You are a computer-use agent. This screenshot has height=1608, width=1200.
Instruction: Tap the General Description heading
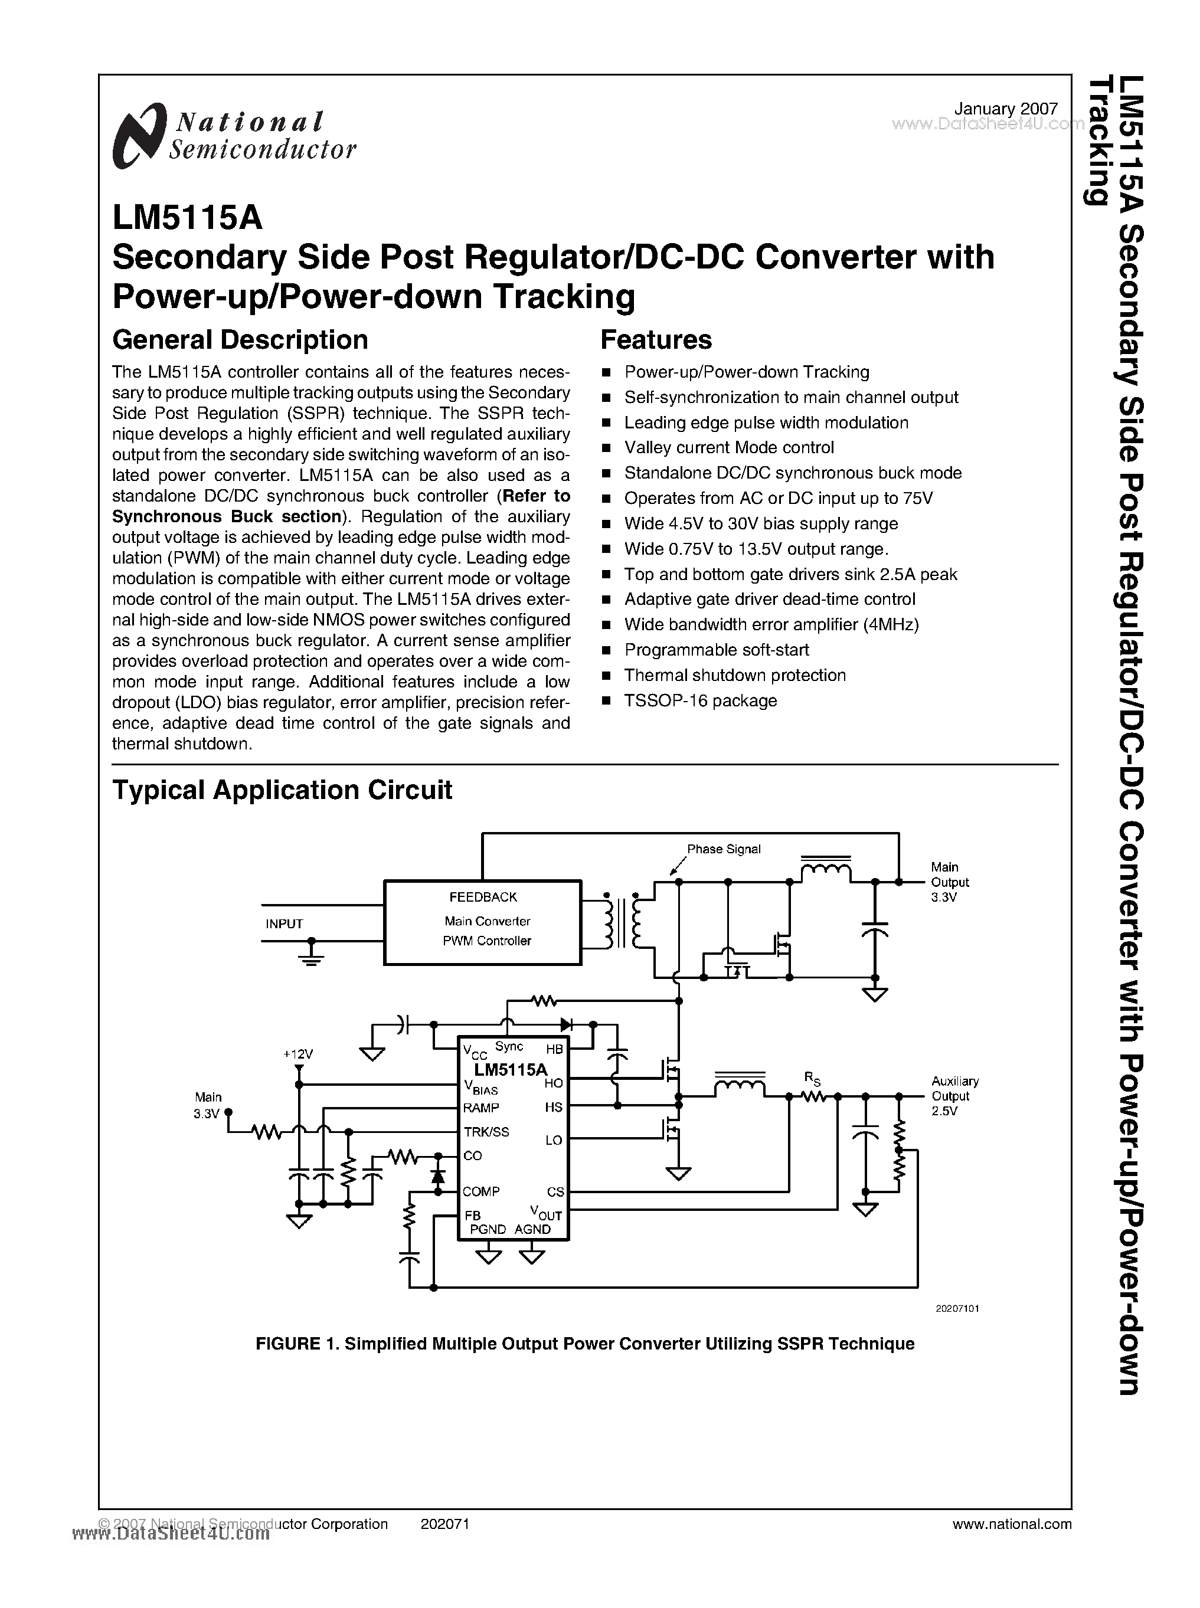click(240, 340)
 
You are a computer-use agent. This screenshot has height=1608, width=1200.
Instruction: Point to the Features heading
click(656, 340)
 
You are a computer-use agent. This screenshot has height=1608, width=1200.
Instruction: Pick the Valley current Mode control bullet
click(728, 447)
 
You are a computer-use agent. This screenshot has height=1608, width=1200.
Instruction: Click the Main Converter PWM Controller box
click(482, 922)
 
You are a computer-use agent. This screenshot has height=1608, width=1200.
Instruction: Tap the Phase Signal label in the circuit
click(724, 849)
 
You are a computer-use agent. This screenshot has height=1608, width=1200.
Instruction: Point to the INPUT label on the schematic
click(284, 924)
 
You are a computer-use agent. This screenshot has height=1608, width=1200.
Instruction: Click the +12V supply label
click(298, 1054)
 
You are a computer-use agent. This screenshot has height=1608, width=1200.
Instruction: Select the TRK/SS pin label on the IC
click(486, 1132)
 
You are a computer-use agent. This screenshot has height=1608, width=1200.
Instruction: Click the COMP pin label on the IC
click(481, 1191)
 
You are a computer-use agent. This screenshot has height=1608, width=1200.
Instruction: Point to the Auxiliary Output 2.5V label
click(954, 1096)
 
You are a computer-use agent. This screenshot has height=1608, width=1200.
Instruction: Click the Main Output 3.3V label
click(949, 882)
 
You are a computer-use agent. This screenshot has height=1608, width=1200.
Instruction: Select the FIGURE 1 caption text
click(585, 1344)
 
